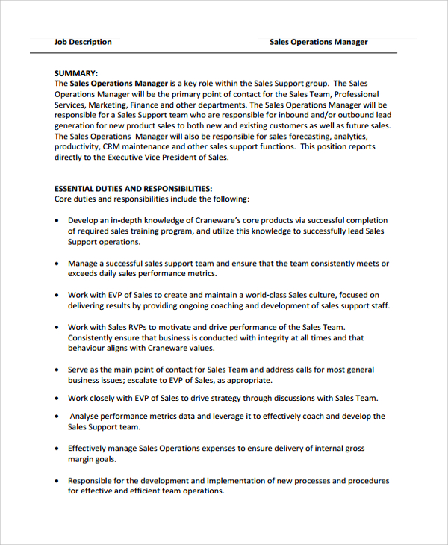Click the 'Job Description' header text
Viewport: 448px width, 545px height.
[x=83, y=42]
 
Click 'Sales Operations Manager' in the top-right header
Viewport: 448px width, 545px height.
[x=318, y=42]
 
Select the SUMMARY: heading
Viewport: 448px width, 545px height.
[x=76, y=73]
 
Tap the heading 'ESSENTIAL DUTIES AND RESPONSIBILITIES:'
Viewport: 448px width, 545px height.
[x=134, y=189]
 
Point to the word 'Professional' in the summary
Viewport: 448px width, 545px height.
[x=356, y=95]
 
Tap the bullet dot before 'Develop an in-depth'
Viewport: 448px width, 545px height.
[x=57, y=221]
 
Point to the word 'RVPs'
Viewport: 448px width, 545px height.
[x=139, y=327]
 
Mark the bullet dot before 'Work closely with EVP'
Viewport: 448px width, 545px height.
[x=57, y=399]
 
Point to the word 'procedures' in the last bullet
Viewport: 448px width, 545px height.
[x=368, y=481]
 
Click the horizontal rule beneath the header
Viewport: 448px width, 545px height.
[x=213, y=53]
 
